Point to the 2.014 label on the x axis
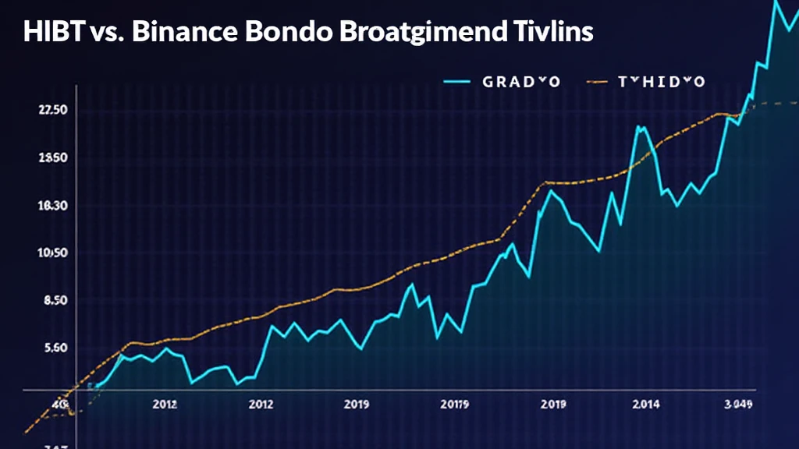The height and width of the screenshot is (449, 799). (x=645, y=405)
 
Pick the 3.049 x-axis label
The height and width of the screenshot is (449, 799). (x=737, y=405)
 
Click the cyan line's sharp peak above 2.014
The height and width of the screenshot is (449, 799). (x=641, y=127)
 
